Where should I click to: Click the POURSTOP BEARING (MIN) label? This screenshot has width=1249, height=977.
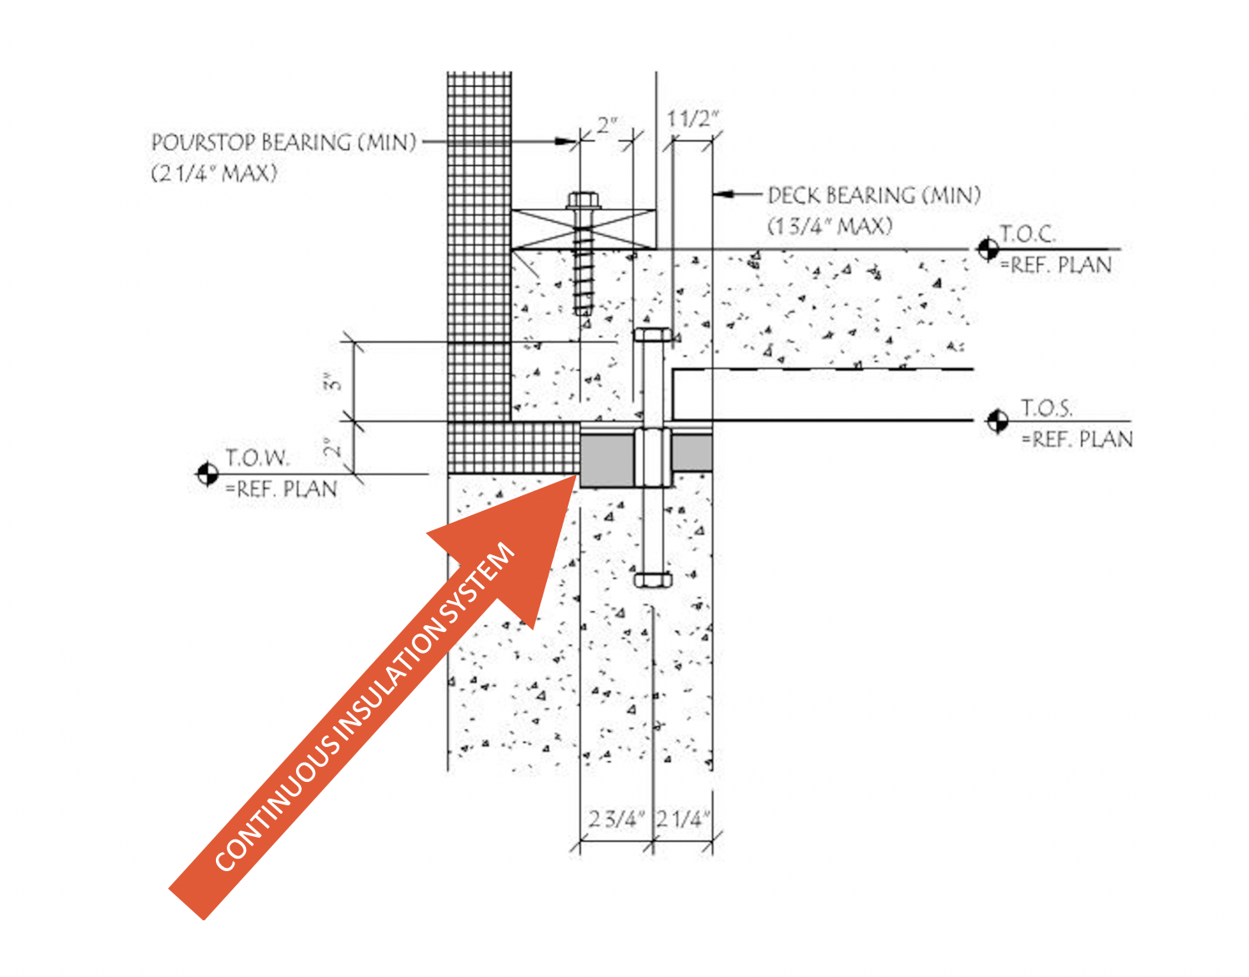[x=283, y=143]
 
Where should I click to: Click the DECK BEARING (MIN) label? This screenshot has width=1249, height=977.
[x=873, y=196]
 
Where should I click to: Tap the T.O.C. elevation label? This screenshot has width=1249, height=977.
[x=1027, y=234]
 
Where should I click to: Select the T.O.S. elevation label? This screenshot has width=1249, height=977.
[x=1046, y=408]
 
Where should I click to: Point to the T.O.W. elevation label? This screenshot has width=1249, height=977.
[x=257, y=458]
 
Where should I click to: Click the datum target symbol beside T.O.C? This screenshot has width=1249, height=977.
[x=988, y=248]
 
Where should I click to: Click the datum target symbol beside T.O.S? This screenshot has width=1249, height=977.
[x=997, y=421]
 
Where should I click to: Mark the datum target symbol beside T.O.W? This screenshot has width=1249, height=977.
[x=207, y=474]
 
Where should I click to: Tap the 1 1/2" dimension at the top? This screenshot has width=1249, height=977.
[x=692, y=119]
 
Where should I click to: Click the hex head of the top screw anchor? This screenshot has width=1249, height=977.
[x=583, y=201]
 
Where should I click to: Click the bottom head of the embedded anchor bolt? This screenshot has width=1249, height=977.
[x=652, y=580]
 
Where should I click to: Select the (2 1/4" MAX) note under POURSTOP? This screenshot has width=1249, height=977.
[x=214, y=174]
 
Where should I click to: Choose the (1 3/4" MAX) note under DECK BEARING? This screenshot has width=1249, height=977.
[x=830, y=227]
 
